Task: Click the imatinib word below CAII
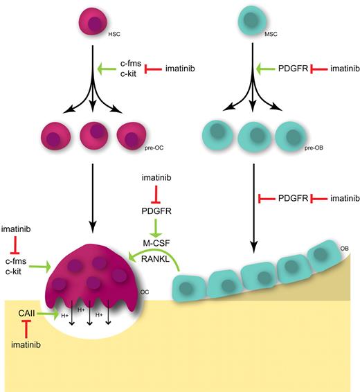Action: point(27,344)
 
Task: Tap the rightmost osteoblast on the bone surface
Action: point(323,256)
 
